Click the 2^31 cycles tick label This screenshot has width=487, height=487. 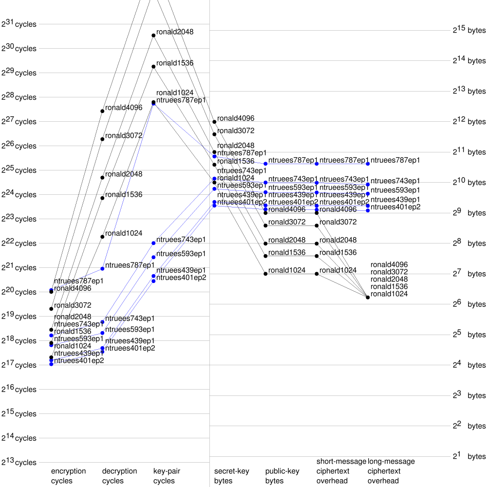(x=19, y=23)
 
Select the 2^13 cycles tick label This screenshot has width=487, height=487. (x=19, y=462)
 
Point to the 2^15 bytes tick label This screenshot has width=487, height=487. (x=469, y=30)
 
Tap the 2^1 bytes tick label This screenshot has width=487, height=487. (x=469, y=456)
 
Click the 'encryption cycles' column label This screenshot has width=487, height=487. (x=68, y=476)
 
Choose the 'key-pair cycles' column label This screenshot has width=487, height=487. (x=164, y=476)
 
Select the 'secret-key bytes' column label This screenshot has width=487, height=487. (x=232, y=476)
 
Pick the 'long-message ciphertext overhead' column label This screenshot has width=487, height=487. (x=391, y=471)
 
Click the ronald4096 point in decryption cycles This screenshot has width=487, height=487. (x=102, y=111)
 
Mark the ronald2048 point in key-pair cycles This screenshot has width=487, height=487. (x=153, y=35)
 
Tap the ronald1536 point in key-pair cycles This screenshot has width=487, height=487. (x=153, y=66)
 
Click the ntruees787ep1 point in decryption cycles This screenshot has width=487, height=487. (x=102, y=268)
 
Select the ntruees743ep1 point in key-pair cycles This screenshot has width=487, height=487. (x=153, y=243)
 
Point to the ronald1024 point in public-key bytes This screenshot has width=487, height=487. (x=265, y=274)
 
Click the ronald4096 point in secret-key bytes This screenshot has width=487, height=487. (x=214, y=122)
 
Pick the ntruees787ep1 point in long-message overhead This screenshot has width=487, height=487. (x=368, y=164)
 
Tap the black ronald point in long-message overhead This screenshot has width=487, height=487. (x=368, y=297)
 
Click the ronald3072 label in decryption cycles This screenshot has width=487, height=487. (x=124, y=135)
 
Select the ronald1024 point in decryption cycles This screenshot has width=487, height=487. (x=102, y=237)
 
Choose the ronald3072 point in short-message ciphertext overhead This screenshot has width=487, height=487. (x=317, y=225)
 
